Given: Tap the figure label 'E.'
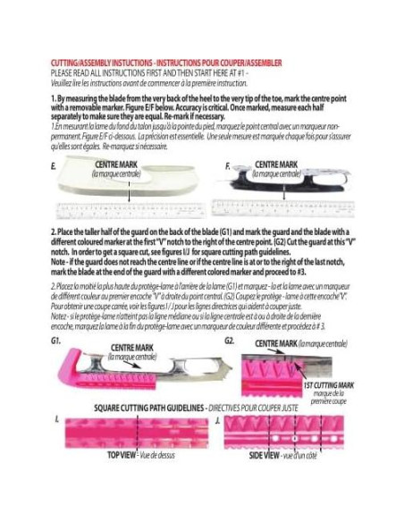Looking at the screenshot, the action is click(x=55, y=166).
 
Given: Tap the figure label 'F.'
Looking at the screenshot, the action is click(x=228, y=166).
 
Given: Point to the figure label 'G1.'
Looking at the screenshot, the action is click(x=57, y=341).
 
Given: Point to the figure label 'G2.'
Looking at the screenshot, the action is click(x=230, y=341).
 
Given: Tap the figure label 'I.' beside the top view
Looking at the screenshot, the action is click(x=56, y=418).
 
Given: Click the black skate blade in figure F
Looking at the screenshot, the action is click(x=286, y=187).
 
